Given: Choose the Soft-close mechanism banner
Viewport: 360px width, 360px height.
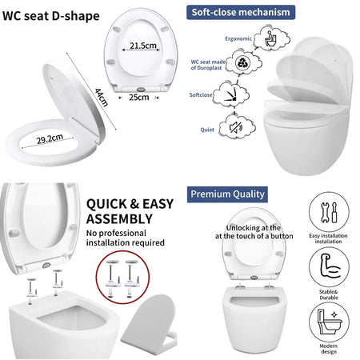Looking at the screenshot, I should coord(240,13).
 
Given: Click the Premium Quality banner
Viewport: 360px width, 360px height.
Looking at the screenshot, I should coord(228,193).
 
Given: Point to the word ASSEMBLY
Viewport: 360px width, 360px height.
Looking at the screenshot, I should coord(118,218).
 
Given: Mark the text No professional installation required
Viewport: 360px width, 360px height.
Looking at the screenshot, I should coord(126,237).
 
